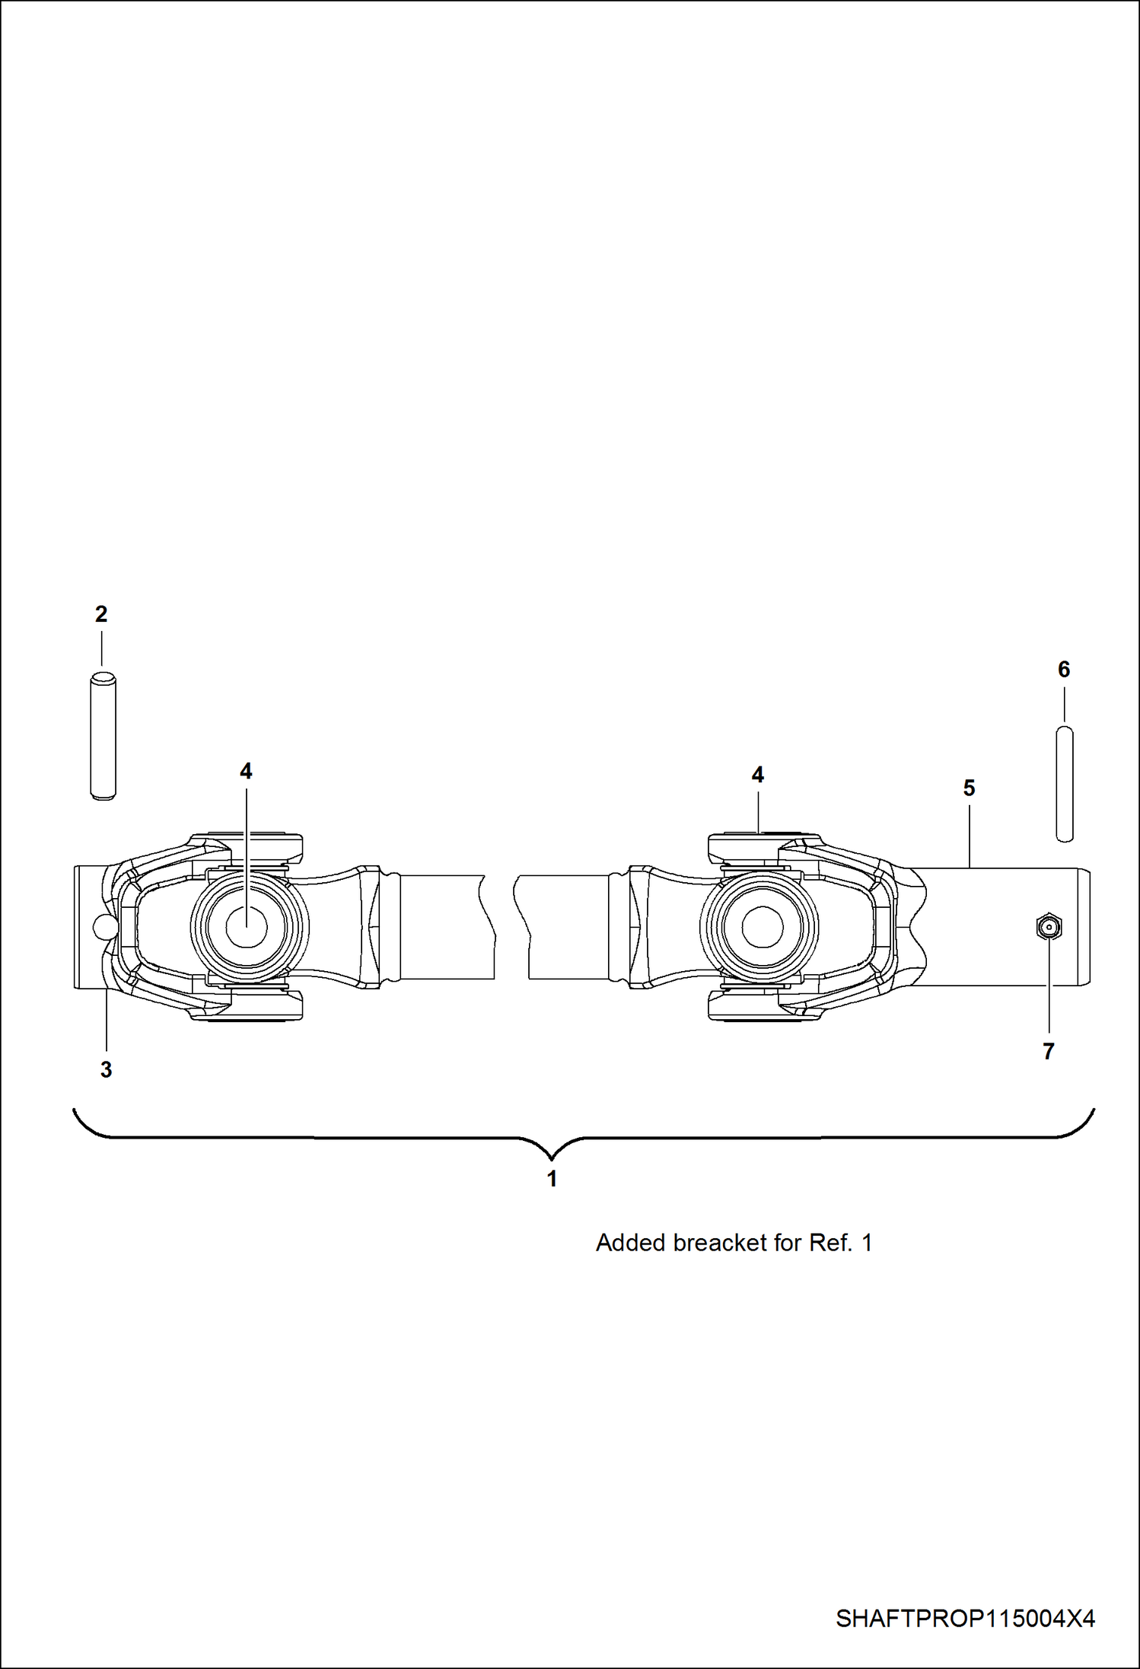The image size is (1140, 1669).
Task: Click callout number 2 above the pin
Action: (x=101, y=615)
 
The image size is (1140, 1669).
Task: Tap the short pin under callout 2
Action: (x=103, y=736)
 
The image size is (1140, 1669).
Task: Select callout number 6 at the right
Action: (x=1064, y=670)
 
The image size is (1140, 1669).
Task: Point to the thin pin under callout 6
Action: (x=1065, y=784)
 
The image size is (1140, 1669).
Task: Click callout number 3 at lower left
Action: (x=107, y=1070)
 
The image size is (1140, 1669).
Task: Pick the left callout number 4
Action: (x=246, y=772)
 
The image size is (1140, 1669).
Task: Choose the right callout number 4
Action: (x=758, y=775)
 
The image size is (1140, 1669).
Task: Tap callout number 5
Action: (x=969, y=788)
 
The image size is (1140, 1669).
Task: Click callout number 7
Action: (x=1049, y=1052)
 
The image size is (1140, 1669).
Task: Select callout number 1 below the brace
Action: (x=552, y=1179)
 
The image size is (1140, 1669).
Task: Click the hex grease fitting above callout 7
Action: (x=1049, y=926)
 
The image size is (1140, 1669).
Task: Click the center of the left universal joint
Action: (x=247, y=927)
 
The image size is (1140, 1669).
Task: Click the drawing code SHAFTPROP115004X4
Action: (x=965, y=1618)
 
